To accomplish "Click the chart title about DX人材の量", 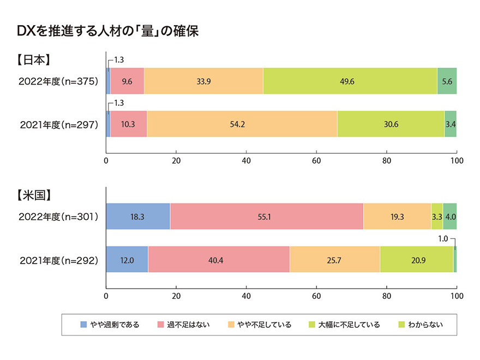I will pos(108,31).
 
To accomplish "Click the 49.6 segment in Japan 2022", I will pos(350,81).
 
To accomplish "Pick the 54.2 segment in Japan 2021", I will pos(242,124).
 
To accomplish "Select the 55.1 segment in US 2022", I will pos(267,217).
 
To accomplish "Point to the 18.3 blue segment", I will pos(137,217).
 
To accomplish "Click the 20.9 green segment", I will pos(416,259).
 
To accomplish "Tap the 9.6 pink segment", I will pos(127,81).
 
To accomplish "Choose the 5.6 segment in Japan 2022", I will pos(447,81).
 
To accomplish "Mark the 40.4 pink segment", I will pos(219,259).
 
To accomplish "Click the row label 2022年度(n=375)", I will pos(58,82).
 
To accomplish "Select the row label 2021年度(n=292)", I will pos(58,259).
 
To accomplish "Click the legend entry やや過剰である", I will pos(113,325).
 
